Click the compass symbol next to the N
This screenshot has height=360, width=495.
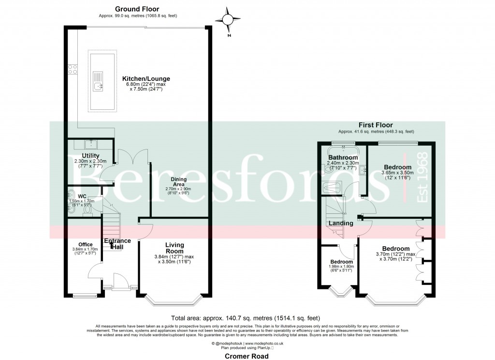pyautogui.click(x=230, y=20)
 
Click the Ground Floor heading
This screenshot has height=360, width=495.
pyautogui.click(x=137, y=9)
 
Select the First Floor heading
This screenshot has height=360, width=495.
pyautogui.click(x=376, y=124)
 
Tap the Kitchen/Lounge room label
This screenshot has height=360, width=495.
pyautogui.click(x=146, y=79)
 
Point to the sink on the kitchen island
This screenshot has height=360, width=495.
pyautogui.click(x=98, y=87)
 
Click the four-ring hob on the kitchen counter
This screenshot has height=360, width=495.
pyautogui.click(x=73, y=69)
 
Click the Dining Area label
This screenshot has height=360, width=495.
pyautogui.click(x=179, y=182)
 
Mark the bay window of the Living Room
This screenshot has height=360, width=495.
pyautogui.click(x=174, y=302)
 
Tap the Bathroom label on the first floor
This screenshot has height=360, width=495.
pyautogui.click(x=343, y=158)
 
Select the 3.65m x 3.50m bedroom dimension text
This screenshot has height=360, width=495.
pyautogui.click(x=396, y=175)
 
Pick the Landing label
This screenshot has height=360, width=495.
pyautogui.click(x=341, y=223)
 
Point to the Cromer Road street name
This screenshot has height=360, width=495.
pyautogui.click(x=247, y=356)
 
